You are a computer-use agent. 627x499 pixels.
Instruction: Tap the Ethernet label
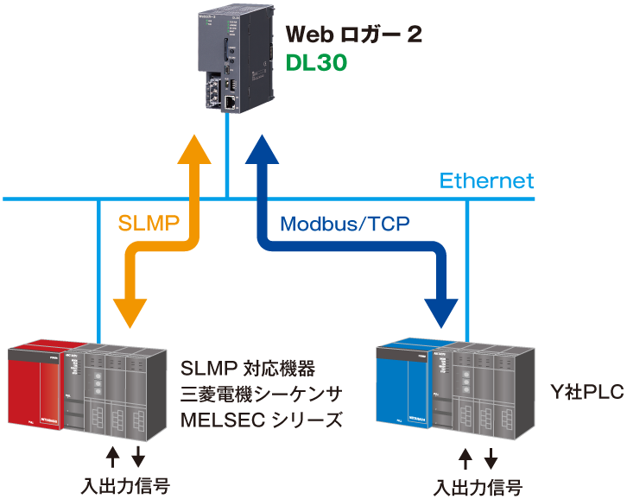point(486,181)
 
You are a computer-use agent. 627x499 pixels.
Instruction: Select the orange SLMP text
point(149,224)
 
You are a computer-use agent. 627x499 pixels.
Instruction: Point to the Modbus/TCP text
point(345,224)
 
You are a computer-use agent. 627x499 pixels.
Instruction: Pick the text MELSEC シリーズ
point(262,421)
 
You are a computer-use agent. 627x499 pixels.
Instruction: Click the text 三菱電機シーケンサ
point(262,395)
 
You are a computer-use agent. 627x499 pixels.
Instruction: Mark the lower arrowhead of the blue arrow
point(441,312)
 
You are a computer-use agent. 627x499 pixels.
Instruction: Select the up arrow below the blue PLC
point(466,458)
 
